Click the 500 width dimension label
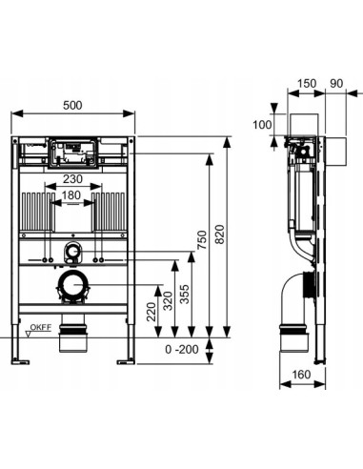tap(72, 105)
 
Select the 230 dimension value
tap(72, 179)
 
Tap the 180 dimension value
tap(71, 195)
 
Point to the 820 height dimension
tap(220, 234)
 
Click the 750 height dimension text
tap(202, 239)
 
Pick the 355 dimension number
tap(184, 295)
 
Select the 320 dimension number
tap(168, 300)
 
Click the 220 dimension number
tap(151, 312)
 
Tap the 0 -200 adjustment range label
tap(182, 349)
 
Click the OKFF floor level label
tap(41, 327)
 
